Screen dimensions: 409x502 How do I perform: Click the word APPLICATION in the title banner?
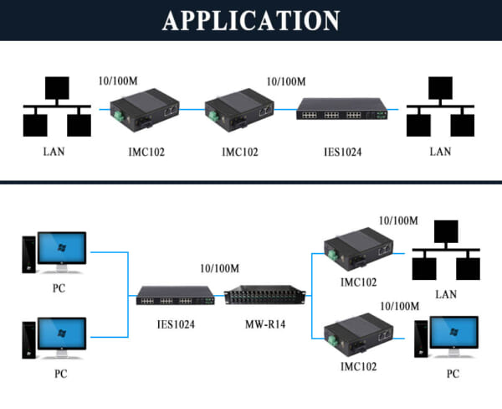tap(251, 20)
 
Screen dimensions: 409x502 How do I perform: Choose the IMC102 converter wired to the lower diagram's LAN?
tap(358, 249)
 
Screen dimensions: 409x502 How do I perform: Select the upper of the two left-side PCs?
tap(55, 252)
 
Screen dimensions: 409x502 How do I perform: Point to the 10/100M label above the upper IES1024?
tap(285, 82)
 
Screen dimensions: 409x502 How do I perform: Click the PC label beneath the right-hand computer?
tap(453, 374)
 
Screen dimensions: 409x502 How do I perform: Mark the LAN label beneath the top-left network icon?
tap(54, 152)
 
